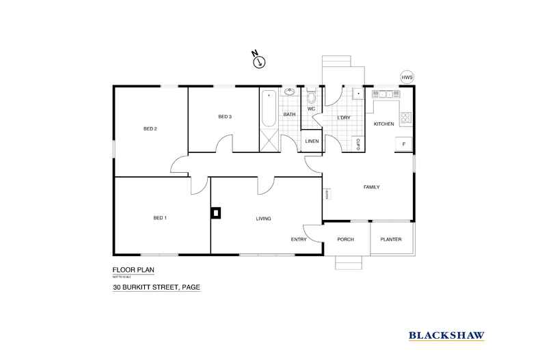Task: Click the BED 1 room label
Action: (160, 217)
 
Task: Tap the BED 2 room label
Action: (150, 128)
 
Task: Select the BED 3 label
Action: (225, 117)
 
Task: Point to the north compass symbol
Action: (258, 61)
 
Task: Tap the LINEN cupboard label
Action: (312, 141)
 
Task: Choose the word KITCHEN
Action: (383, 124)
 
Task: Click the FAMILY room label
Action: (371, 187)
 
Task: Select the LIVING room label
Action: (264, 219)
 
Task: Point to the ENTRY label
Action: (299, 239)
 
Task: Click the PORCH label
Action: (346, 239)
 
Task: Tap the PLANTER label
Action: (391, 239)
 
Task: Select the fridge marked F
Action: (403, 144)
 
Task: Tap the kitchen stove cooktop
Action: (405, 117)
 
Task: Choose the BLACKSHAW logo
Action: (447, 335)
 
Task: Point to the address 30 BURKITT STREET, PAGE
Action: (157, 288)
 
